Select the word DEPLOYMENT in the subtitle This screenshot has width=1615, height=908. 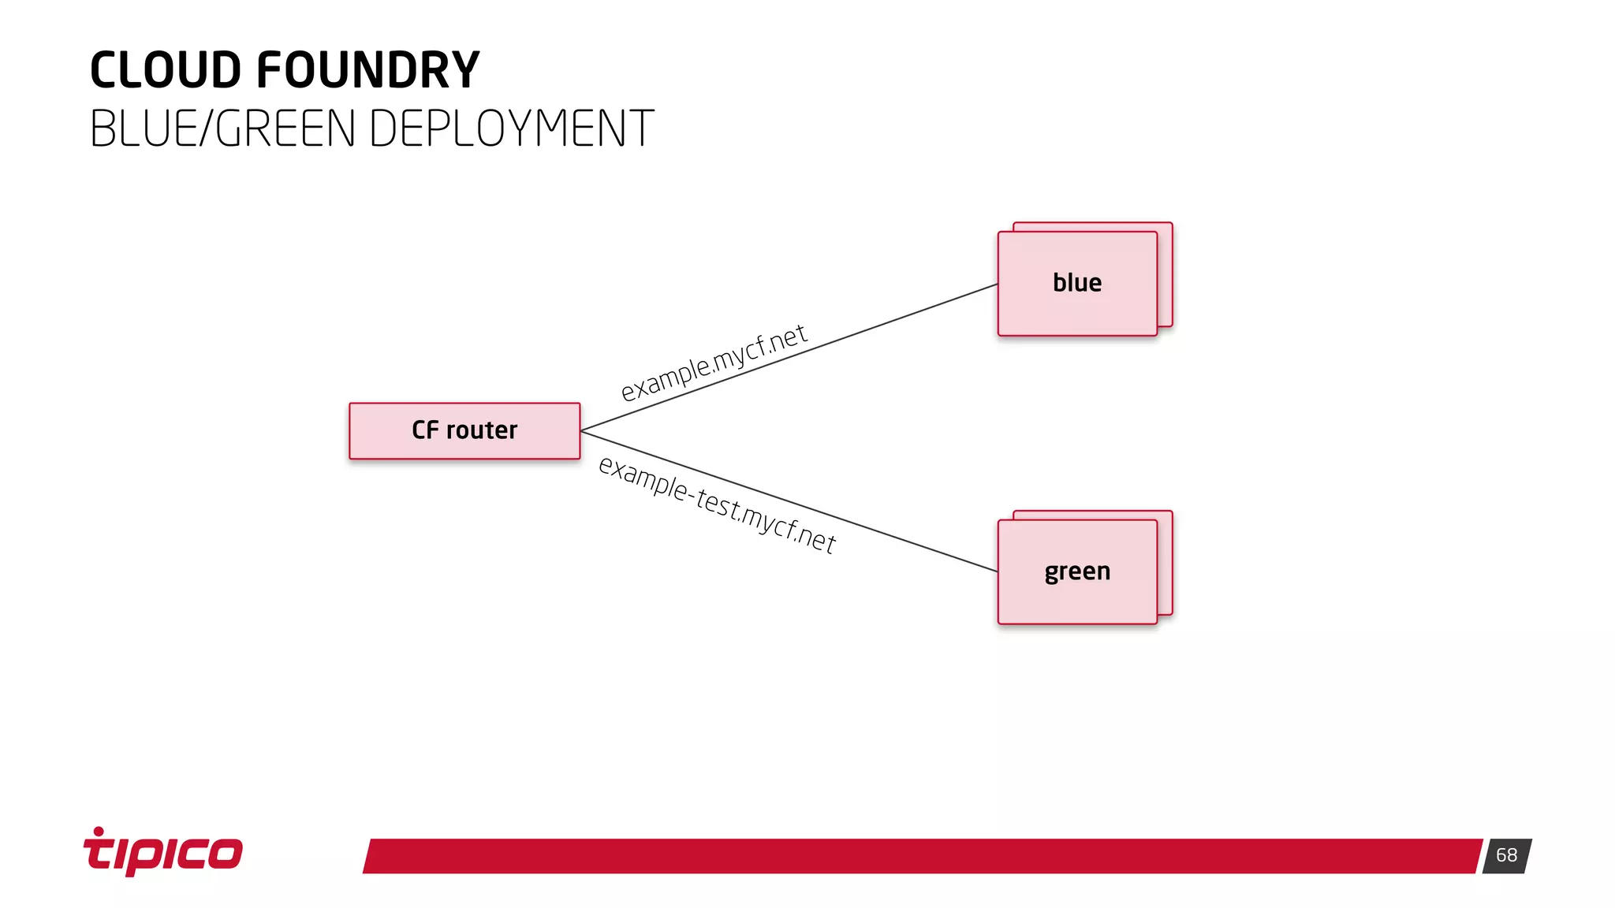pos(511,128)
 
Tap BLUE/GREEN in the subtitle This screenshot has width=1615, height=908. pos(222,128)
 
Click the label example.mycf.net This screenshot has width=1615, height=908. pos(713,363)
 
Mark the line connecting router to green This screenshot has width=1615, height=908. pos(907,541)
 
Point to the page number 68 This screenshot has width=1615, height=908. pos(1506,855)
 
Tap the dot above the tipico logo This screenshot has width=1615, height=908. pos(99,831)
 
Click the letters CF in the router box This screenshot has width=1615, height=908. pos(425,430)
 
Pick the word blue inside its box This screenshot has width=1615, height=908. pos(1076,283)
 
